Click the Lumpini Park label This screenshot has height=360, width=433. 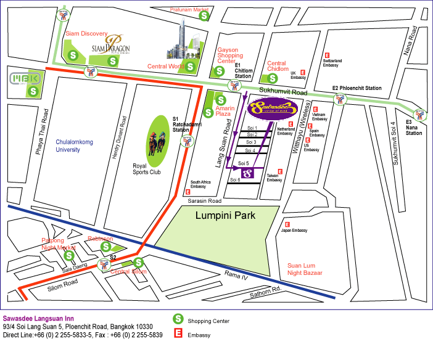point(234,216)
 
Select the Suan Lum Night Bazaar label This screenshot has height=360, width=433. point(305,269)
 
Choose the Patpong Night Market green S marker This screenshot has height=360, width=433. point(69,255)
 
